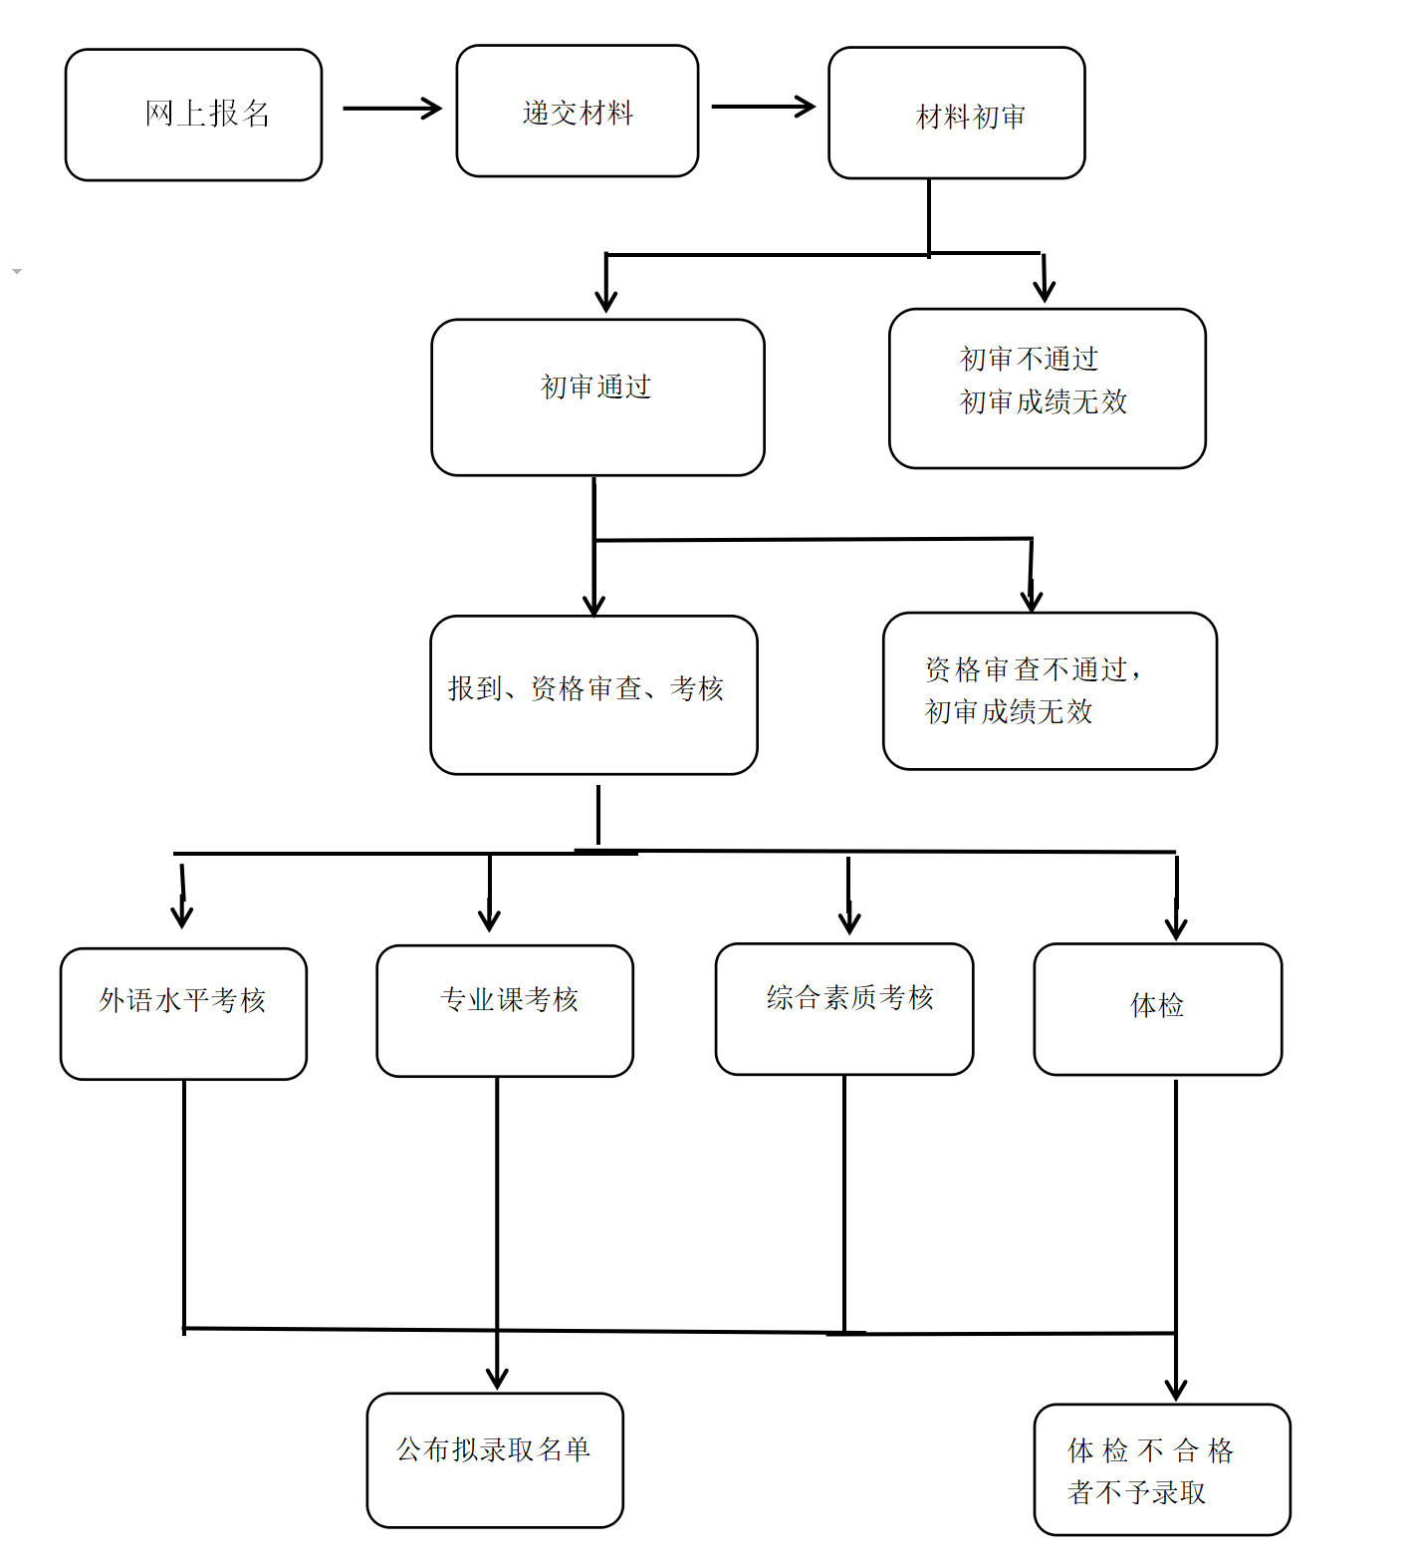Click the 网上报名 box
(193, 115)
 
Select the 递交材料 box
(577, 112)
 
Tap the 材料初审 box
(956, 114)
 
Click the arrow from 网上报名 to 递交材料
(391, 108)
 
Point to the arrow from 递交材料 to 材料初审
(763, 107)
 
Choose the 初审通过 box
(597, 396)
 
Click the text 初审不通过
(1029, 359)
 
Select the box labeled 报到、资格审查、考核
(593, 694)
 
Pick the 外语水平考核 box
(183, 1013)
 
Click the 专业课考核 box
(505, 1010)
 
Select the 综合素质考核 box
(843, 1008)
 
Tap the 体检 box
(1157, 1008)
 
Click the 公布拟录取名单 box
(495, 1459)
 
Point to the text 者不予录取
(1136, 1492)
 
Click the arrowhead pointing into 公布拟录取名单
(497, 1379)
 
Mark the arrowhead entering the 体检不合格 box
(1176, 1390)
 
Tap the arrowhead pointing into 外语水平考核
(181, 916)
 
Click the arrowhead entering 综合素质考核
(848, 922)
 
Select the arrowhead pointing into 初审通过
(606, 301)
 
